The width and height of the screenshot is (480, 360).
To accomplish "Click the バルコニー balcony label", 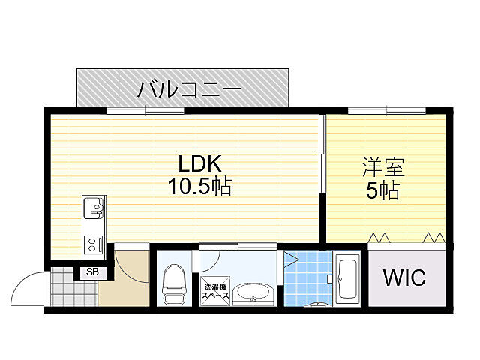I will [x=188, y=90].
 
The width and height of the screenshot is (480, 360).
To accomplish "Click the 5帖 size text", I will [x=382, y=191].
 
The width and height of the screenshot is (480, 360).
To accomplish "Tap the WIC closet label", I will [x=404, y=277].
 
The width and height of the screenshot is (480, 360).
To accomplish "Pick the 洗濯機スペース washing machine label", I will [x=215, y=289].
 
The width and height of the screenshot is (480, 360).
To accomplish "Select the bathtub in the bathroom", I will [x=348, y=281].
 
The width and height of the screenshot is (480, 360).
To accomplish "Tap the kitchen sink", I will [x=94, y=207].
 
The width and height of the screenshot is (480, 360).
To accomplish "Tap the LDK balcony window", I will [x=145, y=111].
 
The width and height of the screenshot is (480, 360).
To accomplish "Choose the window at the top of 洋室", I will [x=386, y=111].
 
